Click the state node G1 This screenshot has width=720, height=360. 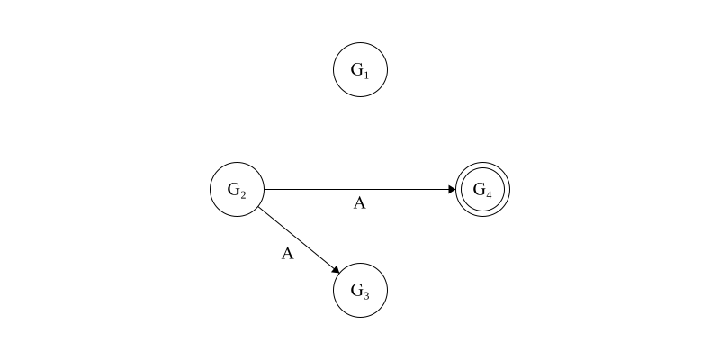[x=361, y=70]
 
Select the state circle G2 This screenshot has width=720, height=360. [x=238, y=189]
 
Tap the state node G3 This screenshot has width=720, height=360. [x=361, y=290]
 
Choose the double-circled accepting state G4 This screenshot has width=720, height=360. [x=482, y=189]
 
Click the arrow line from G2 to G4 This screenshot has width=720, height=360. [x=360, y=189]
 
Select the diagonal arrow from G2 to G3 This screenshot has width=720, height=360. [x=299, y=239]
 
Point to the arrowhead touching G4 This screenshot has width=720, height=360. [x=453, y=189]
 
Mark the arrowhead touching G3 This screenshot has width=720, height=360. [x=336, y=269]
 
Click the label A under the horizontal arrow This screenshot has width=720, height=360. [x=359, y=203]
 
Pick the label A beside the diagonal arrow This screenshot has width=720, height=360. [x=287, y=254]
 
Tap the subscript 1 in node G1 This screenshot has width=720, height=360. [x=366, y=75]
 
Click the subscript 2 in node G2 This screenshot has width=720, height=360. [x=243, y=194]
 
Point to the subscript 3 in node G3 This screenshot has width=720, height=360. [x=366, y=295]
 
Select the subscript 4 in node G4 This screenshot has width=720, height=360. [x=488, y=194]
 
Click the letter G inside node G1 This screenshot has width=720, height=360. [x=356, y=69]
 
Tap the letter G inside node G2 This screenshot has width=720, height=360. [x=234, y=189]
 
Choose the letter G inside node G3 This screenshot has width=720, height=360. [x=356, y=290]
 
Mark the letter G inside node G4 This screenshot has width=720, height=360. [x=479, y=189]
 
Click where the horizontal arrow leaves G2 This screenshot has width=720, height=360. [x=265, y=189]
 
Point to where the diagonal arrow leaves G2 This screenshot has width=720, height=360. [x=258, y=207]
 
